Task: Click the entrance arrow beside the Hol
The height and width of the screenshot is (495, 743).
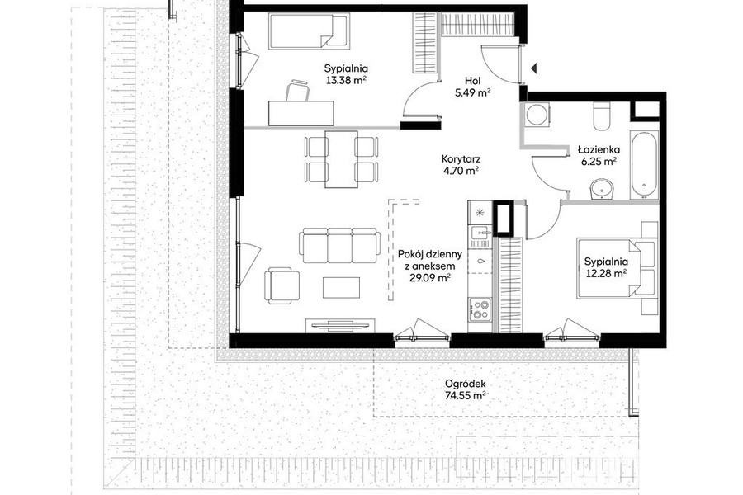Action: (x=534, y=68)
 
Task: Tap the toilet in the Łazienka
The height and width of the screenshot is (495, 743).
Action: (x=601, y=115)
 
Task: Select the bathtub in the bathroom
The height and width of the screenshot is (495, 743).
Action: (x=644, y=164)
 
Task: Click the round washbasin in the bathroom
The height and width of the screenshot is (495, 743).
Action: (x=603, y=190)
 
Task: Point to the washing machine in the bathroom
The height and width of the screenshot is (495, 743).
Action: (x=537, y=115)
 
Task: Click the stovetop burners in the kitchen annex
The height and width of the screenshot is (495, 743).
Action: (x=480, y=309)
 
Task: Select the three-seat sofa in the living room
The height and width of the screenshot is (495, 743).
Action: (x=340, y=245)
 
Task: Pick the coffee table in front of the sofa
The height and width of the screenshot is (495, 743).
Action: (x=341, y=288)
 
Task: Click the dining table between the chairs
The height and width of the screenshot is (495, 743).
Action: (x=341, y=159)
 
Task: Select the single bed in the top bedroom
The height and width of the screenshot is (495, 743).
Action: (x=310, y=31)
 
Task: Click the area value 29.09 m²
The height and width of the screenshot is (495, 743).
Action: (x=430, y=277)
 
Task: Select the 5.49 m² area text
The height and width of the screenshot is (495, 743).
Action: (x=472, y=93)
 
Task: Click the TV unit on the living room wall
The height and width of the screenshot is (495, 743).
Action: (x=341, y=325)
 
